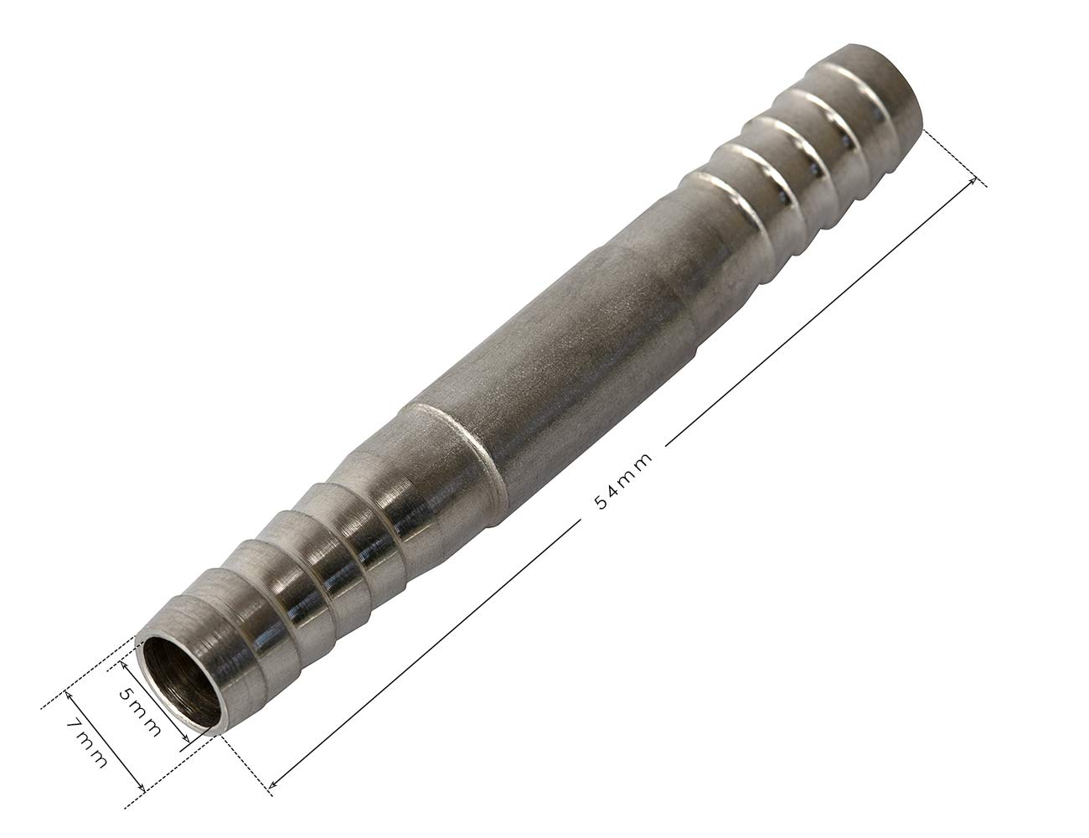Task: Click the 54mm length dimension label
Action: (623, 481)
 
